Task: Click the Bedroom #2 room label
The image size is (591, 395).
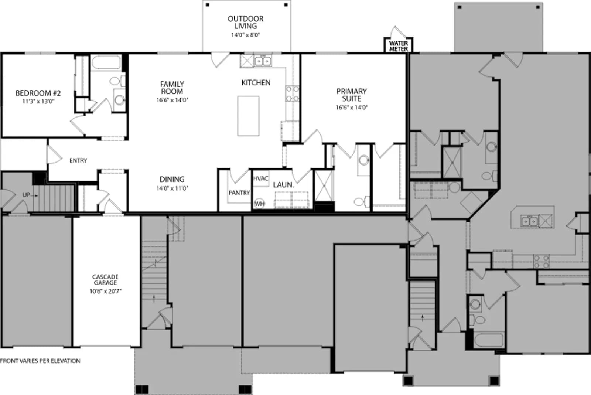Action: (x=38, y=93)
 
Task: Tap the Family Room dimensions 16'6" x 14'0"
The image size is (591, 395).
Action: (x=172, y=100)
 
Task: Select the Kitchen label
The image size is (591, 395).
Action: (x=256, y=83)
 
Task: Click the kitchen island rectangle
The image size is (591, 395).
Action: (x=248, y=116)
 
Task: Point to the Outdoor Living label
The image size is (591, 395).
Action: (x=246, y=23)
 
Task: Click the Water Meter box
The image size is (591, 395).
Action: (x=399, y=45)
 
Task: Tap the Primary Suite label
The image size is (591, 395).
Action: (x=351, y=95)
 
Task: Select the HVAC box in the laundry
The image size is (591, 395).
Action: (x=261, y=178)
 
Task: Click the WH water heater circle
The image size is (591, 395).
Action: (x=259, y=204)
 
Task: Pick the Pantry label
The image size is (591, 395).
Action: (x=239, y=193)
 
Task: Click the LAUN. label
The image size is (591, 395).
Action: (x=283, y=185)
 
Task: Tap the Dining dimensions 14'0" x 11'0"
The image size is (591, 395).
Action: (x=172, y=188)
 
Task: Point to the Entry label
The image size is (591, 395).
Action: (x=78, y=160)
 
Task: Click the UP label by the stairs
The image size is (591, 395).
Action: (x=26, y=195)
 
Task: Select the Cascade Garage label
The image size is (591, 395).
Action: (x=105, y=280)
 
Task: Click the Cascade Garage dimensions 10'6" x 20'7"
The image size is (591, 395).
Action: (x=105, y=291)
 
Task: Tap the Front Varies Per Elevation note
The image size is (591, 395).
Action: (x=40, y=361)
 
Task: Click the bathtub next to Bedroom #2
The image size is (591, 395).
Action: (x=106, y=62)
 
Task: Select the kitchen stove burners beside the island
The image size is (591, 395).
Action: (x=293, y=93)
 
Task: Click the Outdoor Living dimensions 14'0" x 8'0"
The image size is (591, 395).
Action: (x=246, y=35)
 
